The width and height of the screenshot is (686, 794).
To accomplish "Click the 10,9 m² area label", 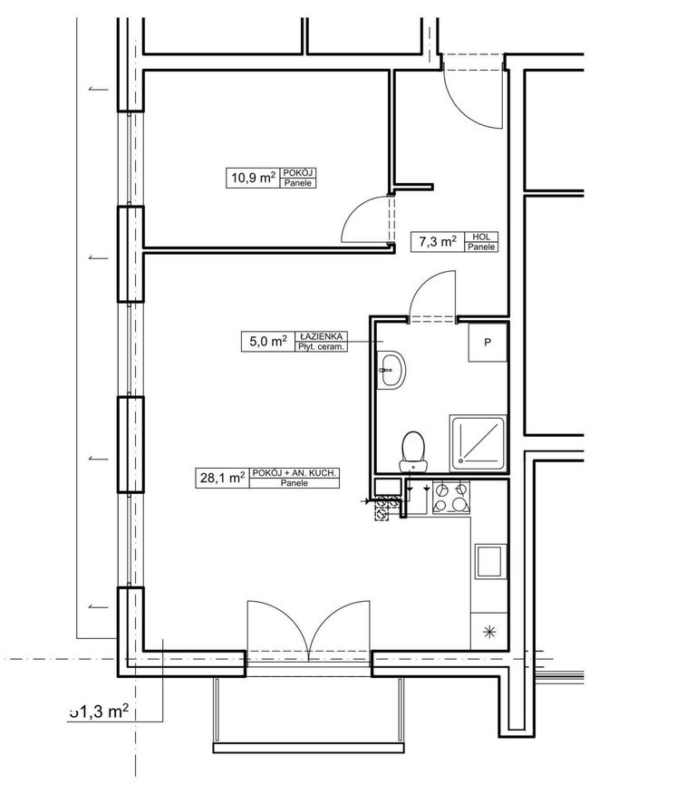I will (x=252, y=178).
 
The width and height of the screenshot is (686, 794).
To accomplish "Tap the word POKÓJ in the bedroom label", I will (x=298, y=172).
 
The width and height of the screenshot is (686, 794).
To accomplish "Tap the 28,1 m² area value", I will (x=221, y=478).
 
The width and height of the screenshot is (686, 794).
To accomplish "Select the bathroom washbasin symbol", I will (x=393, y=370).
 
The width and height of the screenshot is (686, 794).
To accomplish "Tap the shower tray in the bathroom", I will (x=478, y=443).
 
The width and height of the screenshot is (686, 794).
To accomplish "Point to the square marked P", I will (x=487, y=344).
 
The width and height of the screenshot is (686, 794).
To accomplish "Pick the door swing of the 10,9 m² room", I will (x=362, y=219).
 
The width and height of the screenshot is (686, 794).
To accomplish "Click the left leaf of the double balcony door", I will (x=278, y=627).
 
